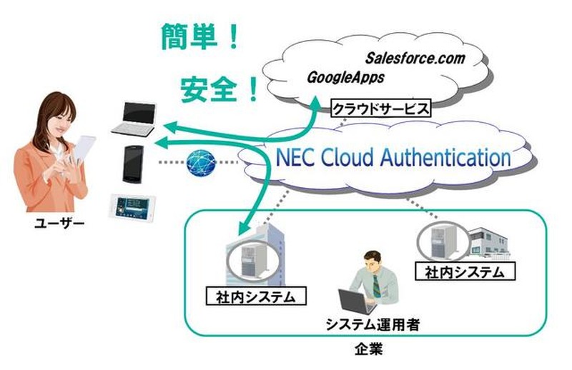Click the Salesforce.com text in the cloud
tap(415, 58)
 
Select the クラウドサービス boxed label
tap(381, 109)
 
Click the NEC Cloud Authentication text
tap(389, 157)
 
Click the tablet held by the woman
tap(84, 149)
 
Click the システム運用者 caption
tap(373, 325)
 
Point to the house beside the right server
tap(488, 243)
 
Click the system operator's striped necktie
tap(375, 284)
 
